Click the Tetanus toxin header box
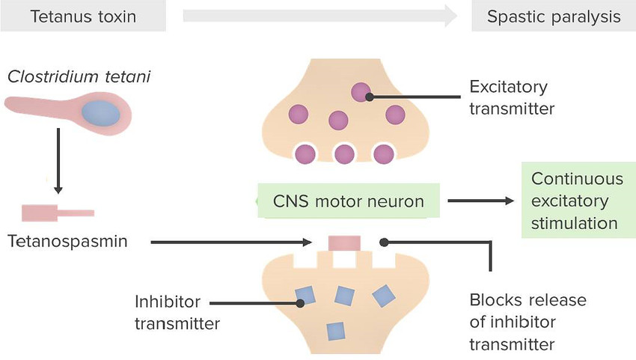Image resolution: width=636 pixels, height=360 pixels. tap(82, 16)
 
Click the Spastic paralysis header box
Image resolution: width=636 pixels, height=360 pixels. tap(553, 16)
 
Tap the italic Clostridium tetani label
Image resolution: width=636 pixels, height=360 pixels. tap(79, 76)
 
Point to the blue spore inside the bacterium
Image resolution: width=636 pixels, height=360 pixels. tap(101, 114)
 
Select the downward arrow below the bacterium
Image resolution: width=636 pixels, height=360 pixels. tap(58, 160)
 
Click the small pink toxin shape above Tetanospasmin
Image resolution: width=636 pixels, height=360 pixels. tap(57, 213)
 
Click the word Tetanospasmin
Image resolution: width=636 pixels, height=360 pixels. tap(69, 242)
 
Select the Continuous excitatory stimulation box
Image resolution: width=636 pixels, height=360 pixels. tap(576, 201)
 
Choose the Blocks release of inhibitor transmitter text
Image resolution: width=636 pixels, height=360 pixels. tap(527, 322)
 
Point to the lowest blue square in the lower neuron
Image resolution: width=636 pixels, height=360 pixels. tap(336, 330)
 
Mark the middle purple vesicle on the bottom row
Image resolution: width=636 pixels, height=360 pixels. tap(344, 155)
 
